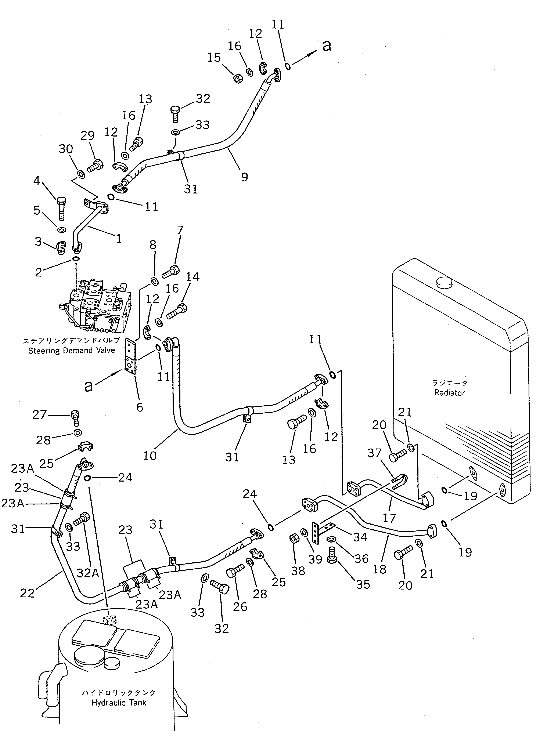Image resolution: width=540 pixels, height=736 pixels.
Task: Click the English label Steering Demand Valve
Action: (x=72, y=351)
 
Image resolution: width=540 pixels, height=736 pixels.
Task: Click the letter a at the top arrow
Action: (x=327, y=46)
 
